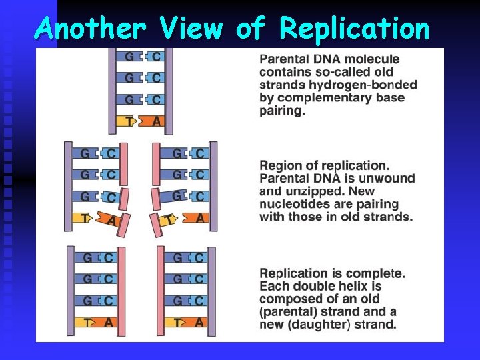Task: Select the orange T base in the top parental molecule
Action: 129,121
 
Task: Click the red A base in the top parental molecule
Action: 156,121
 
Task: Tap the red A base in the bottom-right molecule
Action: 200,322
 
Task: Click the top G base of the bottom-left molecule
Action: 87,257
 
